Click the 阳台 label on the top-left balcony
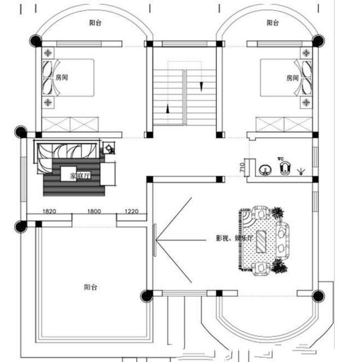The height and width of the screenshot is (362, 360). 94,23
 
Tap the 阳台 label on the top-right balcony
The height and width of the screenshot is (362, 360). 272,23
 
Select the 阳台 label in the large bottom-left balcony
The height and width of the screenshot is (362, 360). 91,287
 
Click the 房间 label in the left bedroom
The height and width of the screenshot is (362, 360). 62,77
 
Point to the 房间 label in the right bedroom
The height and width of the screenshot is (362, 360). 292,77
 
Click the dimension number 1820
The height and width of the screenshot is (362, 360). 49,212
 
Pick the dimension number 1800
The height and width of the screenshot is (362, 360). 93,212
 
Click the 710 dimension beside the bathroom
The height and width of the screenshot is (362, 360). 241,166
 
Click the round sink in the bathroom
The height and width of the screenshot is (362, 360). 263,169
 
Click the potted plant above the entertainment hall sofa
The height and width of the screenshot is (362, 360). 277,212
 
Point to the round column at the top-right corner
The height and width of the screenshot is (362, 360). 318,40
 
